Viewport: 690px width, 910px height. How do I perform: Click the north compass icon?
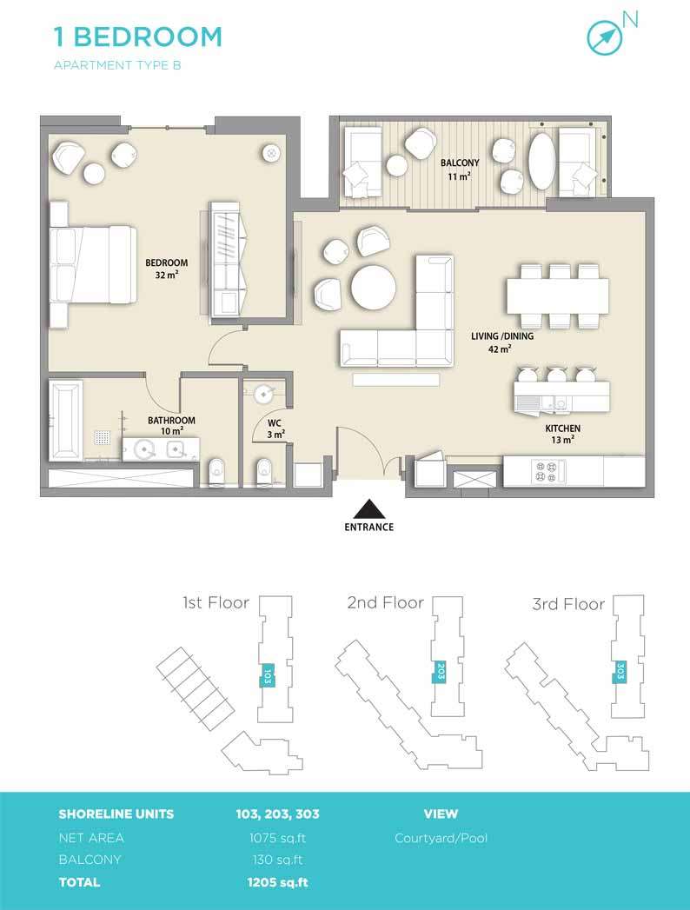click(604, 37)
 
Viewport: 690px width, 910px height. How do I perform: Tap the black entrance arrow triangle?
click(369, 509)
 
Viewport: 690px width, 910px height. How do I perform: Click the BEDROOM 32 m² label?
click(167, 269)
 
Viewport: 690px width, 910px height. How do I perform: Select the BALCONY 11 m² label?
click(460, 169)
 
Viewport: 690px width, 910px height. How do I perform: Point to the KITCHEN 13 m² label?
click(562, 434)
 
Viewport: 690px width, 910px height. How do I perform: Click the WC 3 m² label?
click(275, 428)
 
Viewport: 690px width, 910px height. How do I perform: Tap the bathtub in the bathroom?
click(65, 419)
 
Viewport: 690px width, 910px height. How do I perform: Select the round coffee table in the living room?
click(374, 288)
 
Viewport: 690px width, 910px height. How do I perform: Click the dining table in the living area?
click(558, 296)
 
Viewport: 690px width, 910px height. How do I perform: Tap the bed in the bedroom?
click(93, 264)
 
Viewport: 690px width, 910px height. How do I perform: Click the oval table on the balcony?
click(542, 162)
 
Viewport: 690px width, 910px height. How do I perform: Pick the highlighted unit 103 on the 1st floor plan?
click(268, 675)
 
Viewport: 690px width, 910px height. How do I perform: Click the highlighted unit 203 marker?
click(441, 672)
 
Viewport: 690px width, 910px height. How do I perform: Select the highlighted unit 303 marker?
click(620, 672)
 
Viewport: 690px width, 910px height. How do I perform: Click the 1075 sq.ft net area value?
click(277, 838)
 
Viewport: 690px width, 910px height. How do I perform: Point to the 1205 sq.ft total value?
click(277, 883)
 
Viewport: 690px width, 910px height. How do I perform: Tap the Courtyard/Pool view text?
click(441, 838)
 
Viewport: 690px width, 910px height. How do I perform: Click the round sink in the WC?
click(263, 394)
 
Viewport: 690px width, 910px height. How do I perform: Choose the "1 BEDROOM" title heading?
click(138, 37)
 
